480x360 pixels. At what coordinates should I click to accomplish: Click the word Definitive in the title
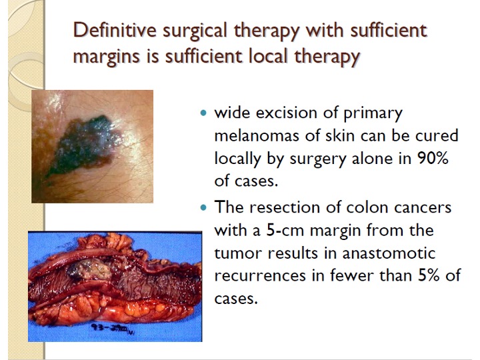115,30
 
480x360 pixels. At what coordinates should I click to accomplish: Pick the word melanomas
257,135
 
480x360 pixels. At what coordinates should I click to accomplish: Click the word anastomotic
389,253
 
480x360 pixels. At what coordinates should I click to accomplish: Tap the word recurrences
260,276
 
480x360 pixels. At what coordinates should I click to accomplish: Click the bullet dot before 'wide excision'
203,113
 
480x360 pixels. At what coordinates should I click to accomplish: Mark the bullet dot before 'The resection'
203,208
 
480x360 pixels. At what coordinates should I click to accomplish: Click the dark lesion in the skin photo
83,144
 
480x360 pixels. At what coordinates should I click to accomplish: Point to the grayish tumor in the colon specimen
89,269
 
